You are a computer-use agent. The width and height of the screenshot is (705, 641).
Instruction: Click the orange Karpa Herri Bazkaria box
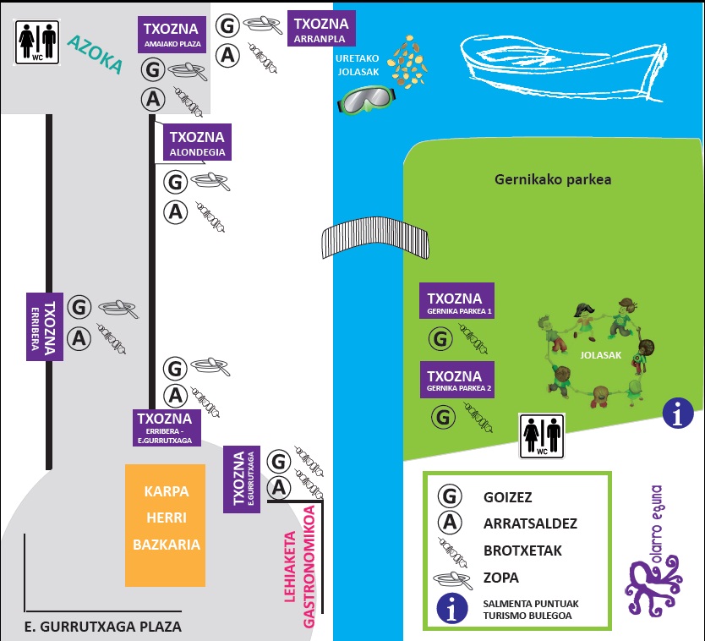coord(166,525)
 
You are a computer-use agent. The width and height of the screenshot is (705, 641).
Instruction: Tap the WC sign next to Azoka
coord(39,42)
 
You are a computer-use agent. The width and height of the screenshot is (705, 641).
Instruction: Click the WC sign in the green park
coord(541,435)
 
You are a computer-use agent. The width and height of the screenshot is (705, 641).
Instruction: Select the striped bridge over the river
coord(374,240)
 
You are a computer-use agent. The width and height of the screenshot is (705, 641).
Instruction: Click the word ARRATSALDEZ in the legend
coord(530,523)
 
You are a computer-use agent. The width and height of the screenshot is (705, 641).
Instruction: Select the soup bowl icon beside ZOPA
coord(453,579)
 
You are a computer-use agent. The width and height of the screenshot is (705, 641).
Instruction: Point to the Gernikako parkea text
coord(552,179)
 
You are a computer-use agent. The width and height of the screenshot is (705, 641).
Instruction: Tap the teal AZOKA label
coord(96,55)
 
